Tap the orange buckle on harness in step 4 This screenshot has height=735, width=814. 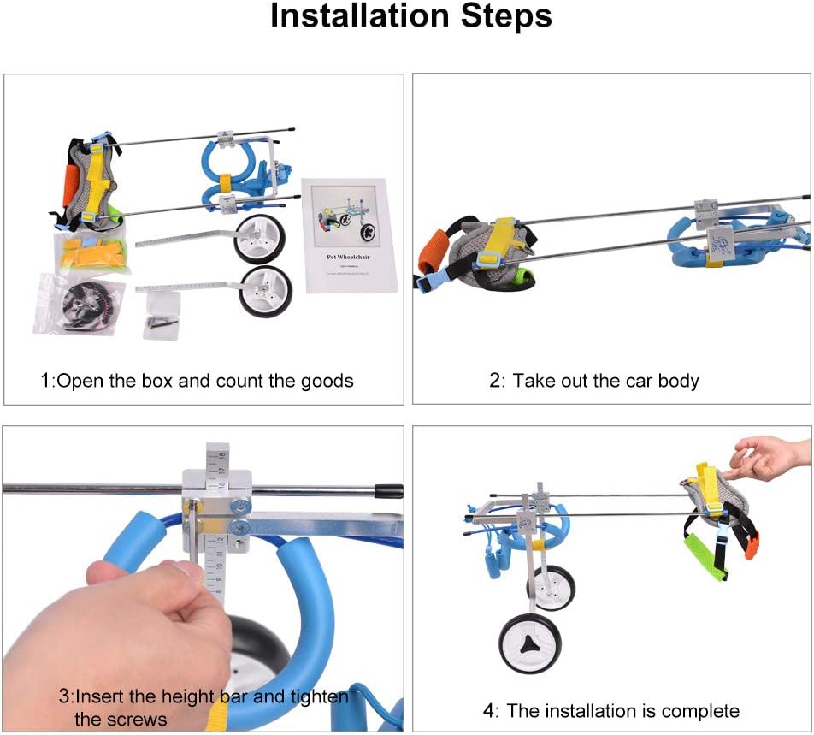pyautogui.click(x=752, y=545)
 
